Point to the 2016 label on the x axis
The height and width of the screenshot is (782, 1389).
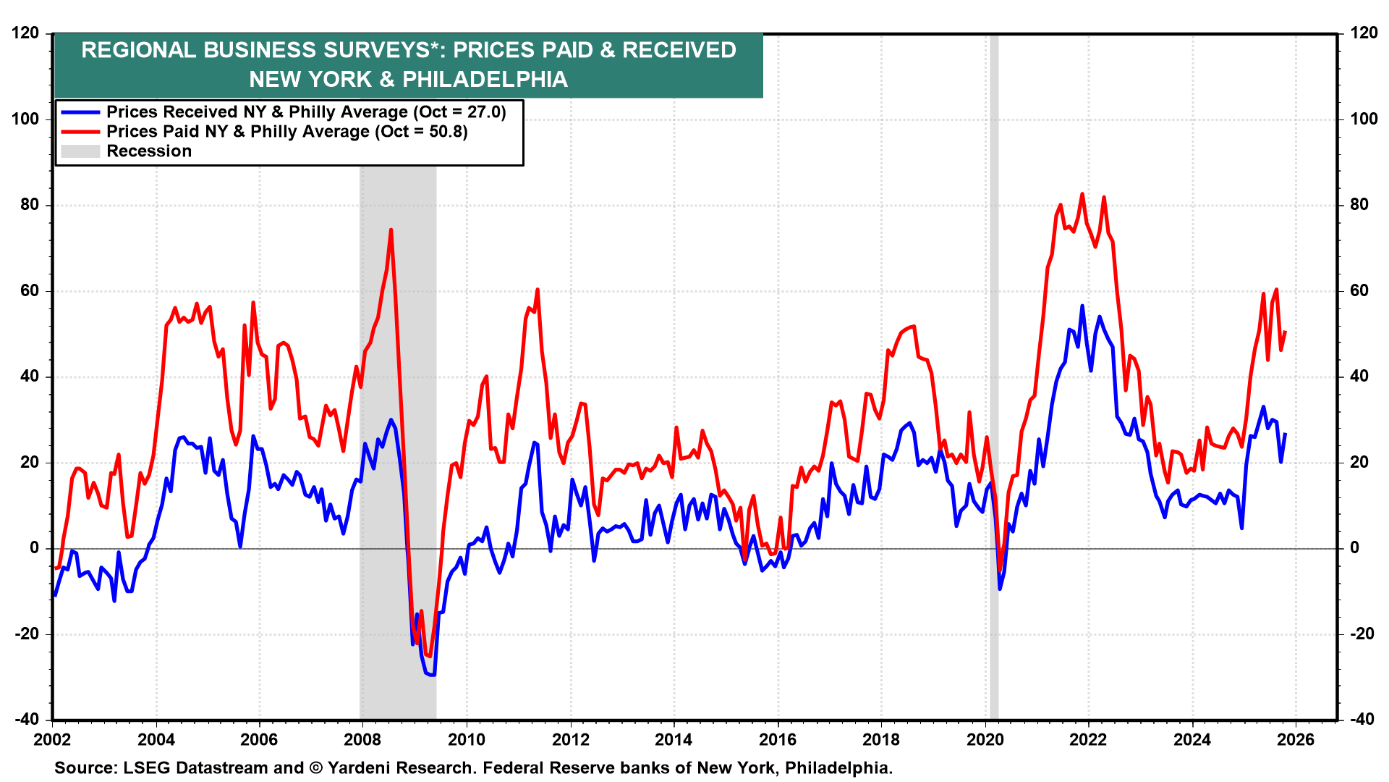[778, 739]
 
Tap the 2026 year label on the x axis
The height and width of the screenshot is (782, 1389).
[1295, 739]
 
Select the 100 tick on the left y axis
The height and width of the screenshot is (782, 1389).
[26, 119]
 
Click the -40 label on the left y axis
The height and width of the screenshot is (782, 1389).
[26, 719]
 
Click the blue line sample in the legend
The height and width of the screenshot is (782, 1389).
[80, 112]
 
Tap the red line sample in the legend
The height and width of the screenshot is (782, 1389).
[80, 132]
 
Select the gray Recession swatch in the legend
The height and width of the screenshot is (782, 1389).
[80, 151]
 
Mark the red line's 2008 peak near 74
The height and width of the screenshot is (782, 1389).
[391, 230]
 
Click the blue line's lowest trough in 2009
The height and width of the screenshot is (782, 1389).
[433, 675]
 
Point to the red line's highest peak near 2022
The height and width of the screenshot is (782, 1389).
[1082, 194]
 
